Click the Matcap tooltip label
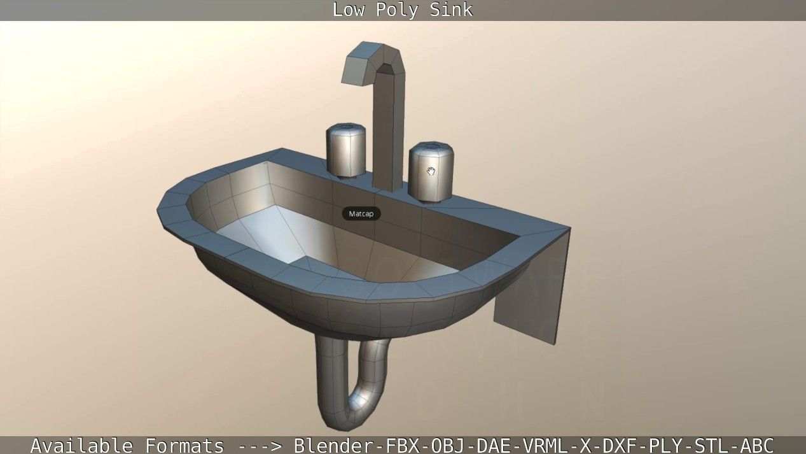click(x=361, y=214)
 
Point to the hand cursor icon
click(x=431, y=171)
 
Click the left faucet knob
click(x=346, y=150)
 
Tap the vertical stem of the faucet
click(x=388, y=134)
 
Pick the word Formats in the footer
click(x=184, y=445)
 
